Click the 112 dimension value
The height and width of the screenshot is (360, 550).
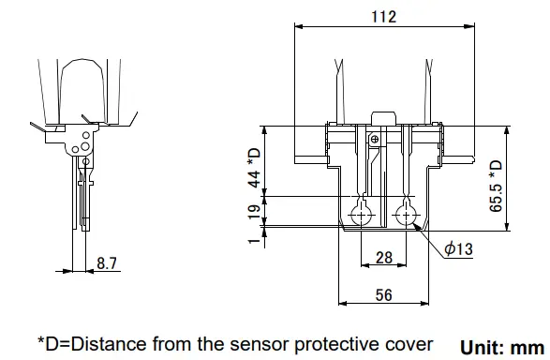point(384,17)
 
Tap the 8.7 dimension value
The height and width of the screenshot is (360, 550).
point(107,263)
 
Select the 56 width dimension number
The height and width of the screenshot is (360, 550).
point(384,295)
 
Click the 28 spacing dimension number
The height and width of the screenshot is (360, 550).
point(384,258)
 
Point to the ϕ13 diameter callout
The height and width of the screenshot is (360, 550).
point(458,248)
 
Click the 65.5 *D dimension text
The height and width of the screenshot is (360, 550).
point(496,186)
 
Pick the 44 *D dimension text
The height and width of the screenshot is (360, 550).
point(254,168)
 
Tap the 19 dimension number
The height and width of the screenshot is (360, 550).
point(254,212)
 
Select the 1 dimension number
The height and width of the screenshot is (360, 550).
point(254,241)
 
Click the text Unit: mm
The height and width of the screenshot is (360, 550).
point(502,348)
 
